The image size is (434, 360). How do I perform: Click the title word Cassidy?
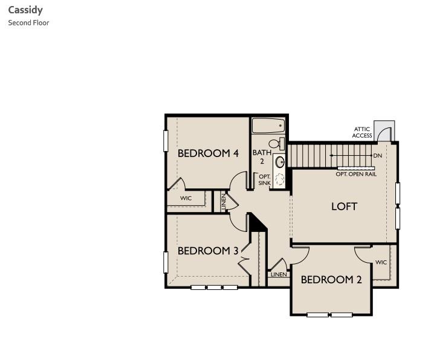[25, 10]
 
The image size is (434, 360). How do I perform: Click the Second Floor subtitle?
[28, 23]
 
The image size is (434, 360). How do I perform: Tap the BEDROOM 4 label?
[208, 153]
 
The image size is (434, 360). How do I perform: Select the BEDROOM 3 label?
[208, 251]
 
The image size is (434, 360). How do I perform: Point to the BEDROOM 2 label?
[331, 280]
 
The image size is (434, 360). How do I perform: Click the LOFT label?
[344, 207]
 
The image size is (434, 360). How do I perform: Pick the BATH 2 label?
[262, 157]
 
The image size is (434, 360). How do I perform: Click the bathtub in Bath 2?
[268, 126]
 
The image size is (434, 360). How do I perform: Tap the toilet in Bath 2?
[276, 144]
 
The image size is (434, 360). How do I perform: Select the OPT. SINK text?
[264, 180]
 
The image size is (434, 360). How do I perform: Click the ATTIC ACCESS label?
[362, 132]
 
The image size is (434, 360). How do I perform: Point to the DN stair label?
[378, 156]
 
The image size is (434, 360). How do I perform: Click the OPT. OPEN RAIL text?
[356, 174]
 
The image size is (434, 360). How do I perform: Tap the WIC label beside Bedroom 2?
[381, 263]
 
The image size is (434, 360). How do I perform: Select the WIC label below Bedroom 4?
[186, 198]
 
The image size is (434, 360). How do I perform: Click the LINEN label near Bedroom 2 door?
[279, 274]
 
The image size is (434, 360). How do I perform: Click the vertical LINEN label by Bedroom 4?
[224, 201]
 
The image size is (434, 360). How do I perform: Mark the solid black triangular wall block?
[256, 223]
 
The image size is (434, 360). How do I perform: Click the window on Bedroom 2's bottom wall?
[329, 315]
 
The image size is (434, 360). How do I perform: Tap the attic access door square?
[383, 131]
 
